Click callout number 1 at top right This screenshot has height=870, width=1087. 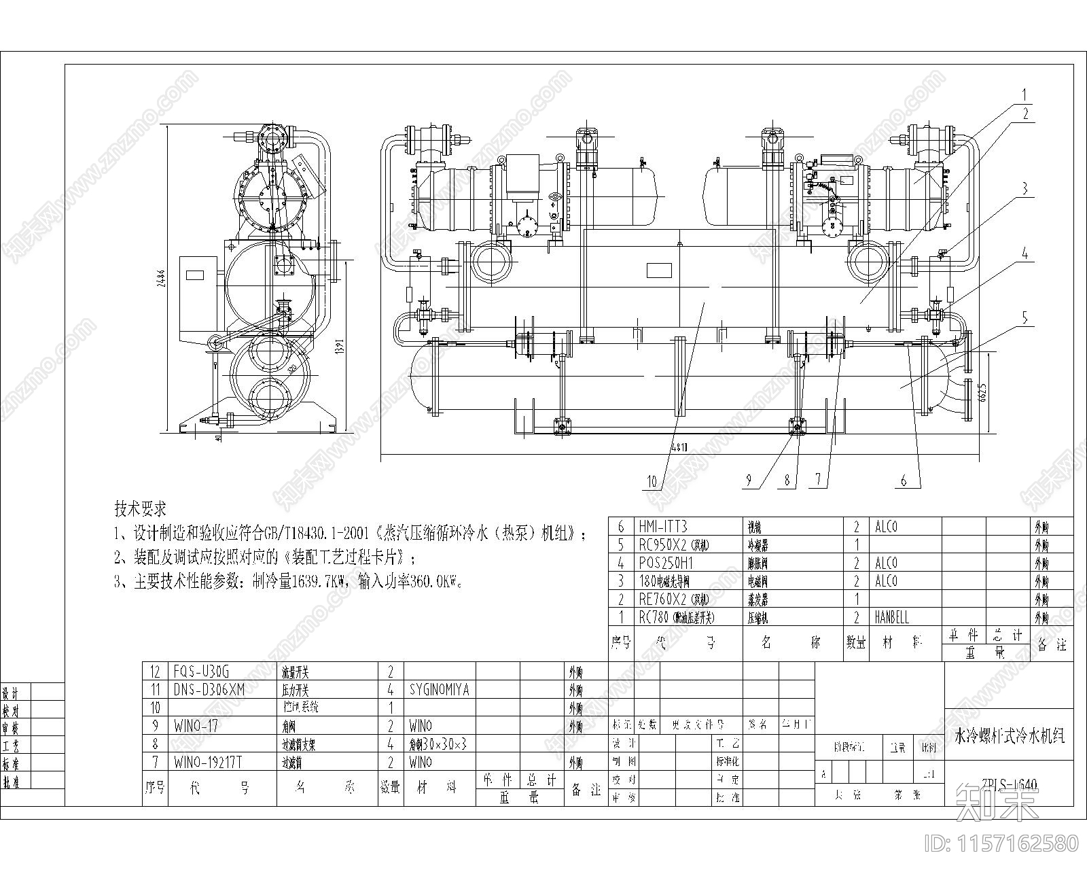point(1025,94)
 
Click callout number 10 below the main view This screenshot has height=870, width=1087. point(653,482)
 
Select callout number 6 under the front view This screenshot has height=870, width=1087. point(904,481)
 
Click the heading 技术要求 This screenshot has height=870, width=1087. point(141,508)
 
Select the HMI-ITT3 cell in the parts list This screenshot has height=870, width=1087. point(663,527)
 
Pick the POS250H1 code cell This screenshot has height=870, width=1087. point(665,563)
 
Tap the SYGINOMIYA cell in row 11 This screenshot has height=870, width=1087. point(440,690)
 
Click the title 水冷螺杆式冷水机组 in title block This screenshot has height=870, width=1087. point(1010,735)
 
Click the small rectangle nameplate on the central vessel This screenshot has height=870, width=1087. point(658,270)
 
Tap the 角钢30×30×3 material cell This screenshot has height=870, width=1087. point(438,744)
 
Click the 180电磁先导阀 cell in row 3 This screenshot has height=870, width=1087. point(664,581)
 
